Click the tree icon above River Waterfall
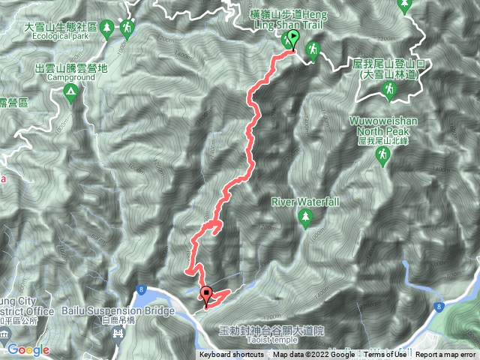305,217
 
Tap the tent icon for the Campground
70,93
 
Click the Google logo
28,349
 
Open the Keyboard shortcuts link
232,355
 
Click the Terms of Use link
385,355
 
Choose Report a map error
445,355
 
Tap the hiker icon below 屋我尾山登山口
389,91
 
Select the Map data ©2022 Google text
314,355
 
